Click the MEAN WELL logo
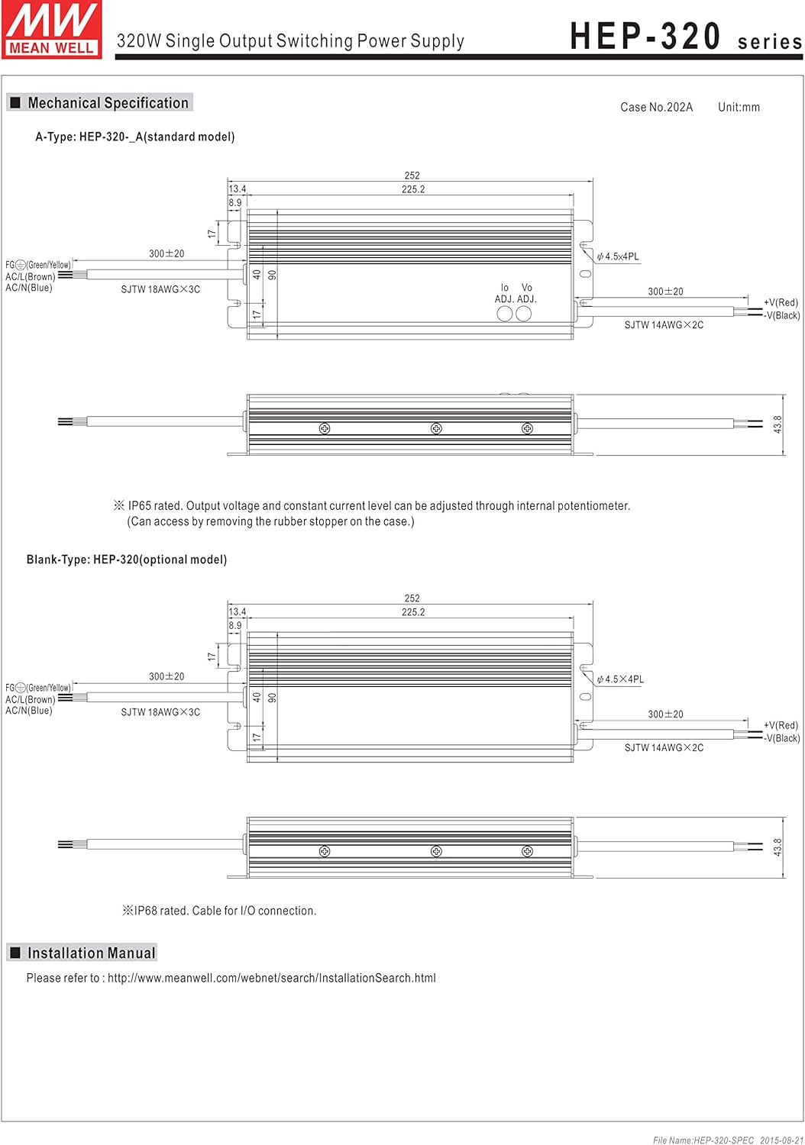(x=51, y=29)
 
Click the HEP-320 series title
(x=685, y=37)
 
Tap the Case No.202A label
(x=656, y=108)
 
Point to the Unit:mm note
(x=739, y=108)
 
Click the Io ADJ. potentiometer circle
(x=505, y=314)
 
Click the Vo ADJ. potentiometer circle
(x=524, y=314)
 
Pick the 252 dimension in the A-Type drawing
(x=412, y=176)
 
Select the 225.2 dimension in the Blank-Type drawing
(x=413, y=612)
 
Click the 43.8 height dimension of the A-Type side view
(x=778, y=424)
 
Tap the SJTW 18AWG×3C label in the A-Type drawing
(x=160, y=290)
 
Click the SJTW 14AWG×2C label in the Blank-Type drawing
(x=664, y=748)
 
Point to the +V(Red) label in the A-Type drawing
(x=781, y=303)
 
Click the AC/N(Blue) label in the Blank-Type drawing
(x=29, y=711)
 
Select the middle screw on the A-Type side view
(x=436, y=429)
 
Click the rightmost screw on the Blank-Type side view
(x=527, y=852)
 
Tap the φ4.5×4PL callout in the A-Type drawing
(x=619, y=257)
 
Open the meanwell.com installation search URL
(x=271, y=978)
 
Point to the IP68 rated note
(x=220, y=911)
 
